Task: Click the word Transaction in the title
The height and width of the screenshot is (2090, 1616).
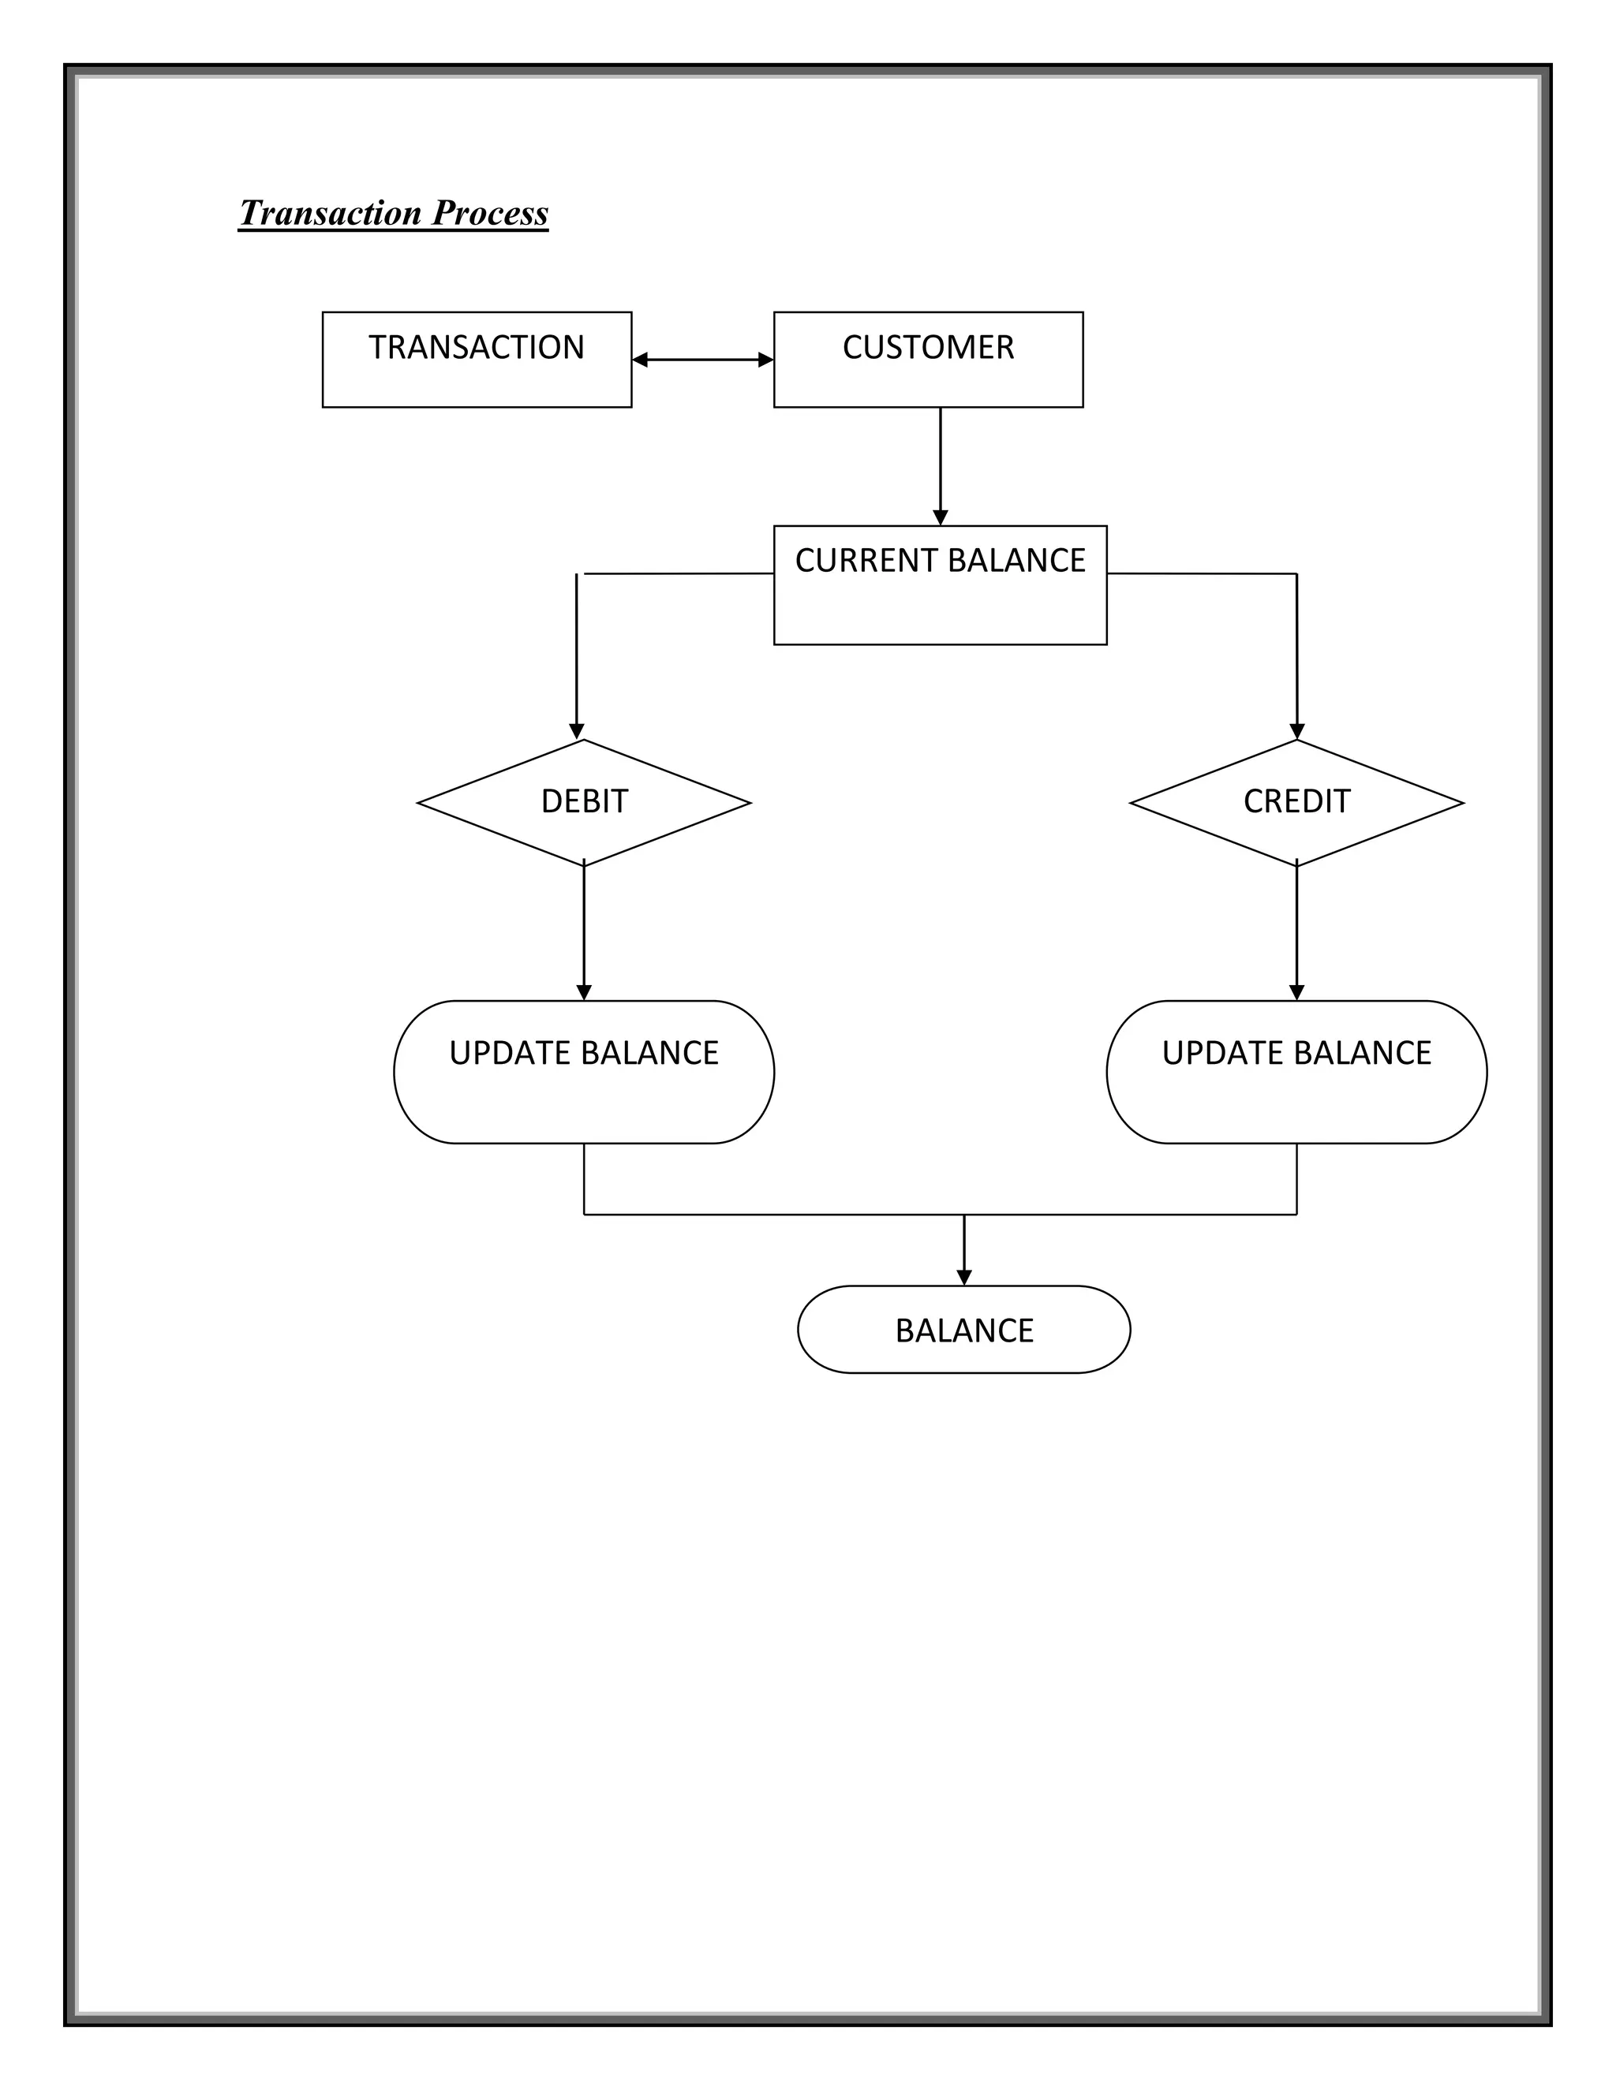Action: point(331,212)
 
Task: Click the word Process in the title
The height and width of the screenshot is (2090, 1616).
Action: point(490,212)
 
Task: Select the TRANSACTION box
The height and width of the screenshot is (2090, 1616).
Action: point(477,360)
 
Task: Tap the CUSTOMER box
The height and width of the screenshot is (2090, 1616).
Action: point(928,360)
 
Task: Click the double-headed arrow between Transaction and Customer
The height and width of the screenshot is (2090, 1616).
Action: point(703,360)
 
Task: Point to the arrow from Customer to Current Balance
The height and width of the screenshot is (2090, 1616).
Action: point(940,466)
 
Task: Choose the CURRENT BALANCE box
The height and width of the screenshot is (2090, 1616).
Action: point(939,586)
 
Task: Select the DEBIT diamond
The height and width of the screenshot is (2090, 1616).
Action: point(584,803)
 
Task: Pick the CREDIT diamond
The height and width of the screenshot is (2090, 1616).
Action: point(1296,803)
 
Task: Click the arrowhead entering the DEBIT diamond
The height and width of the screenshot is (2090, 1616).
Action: point(576,732)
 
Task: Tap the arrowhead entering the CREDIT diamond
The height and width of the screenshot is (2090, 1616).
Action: point(1297,732)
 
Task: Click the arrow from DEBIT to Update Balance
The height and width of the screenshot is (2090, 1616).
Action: point(584,933)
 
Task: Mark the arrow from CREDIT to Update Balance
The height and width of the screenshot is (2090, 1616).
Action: point(1296,933)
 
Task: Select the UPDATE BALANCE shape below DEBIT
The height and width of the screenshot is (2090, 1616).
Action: point(584,1072)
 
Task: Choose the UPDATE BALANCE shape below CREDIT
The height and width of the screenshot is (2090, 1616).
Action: point(1296,1072)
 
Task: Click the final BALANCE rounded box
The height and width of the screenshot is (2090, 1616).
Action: point(963,1331)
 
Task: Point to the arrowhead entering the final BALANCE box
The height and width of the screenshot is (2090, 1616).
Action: point(964,1278)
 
